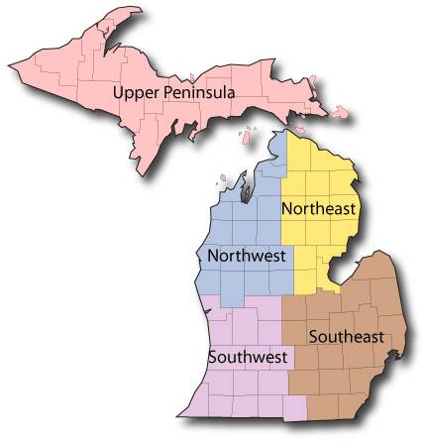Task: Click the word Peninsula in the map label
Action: click(x=202, y=92)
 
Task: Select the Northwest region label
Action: click(x=247, y=256)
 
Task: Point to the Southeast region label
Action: click(x=346, y=335)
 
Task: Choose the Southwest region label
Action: click(x=248, y=356)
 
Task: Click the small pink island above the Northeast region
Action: click(x=294, y=125)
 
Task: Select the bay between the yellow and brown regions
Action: click(x=342, y=273)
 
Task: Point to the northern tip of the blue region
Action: click(x=284, y=135)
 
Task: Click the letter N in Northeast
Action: click(x=287, y=209)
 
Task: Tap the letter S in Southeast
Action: click(x=312, y=335)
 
